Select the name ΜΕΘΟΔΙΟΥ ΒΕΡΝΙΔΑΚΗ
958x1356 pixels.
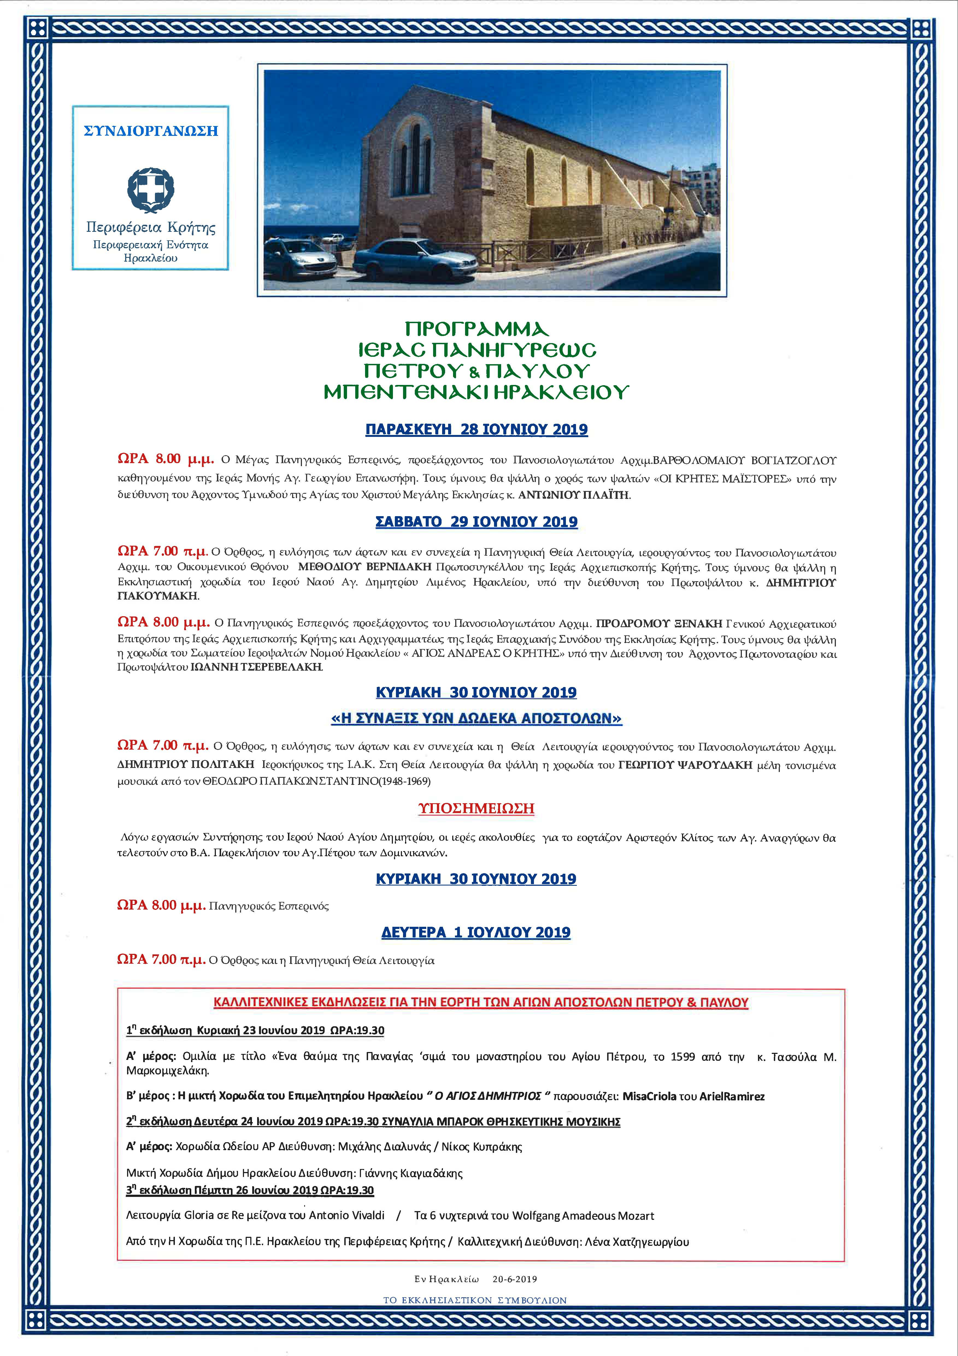click(x=365, y=567)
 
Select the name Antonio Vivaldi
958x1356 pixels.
click(x=346, y=1215)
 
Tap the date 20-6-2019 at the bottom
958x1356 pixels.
click(x=515, y=1279)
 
